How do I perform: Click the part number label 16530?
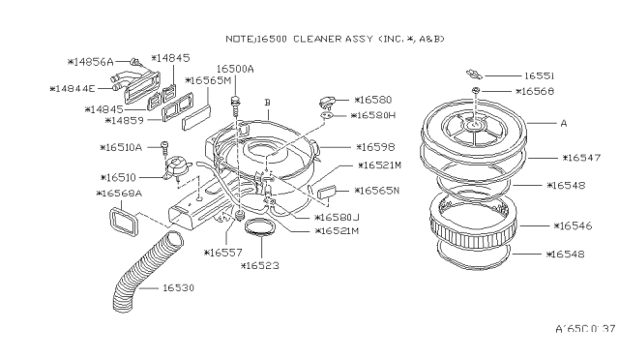[x=178, y=287]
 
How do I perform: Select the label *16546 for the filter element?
[x=573, y=226]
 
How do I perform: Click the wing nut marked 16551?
[x=474, y=74]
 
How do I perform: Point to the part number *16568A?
[x=119, y=194]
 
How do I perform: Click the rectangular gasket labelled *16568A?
[x=124, y=222]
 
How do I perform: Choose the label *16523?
[x=260, y=265]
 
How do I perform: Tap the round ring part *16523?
[x=260, y=227]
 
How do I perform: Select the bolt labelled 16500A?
[x=235, y=105]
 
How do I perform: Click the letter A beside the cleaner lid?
[x=564, y=123]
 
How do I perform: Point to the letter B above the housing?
[x=267, y=103]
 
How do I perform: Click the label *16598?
[x=375, y=147]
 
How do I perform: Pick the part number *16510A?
[x=121, y=147]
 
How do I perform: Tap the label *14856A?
[x=90, y=62]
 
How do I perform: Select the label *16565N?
[x=377, y=191]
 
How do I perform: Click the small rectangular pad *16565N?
[x=327, y=192]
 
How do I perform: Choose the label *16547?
[x=581, y=158]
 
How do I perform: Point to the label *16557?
[x=223, y=253]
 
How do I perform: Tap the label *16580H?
[x=373, y=115]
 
